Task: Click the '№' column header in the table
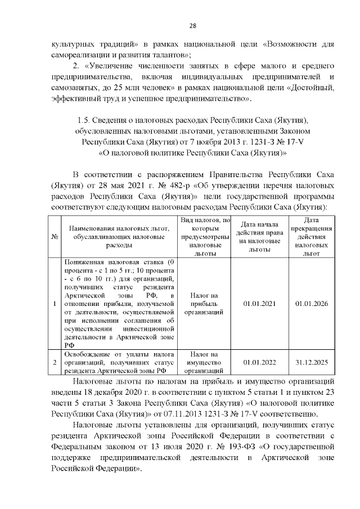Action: (x=55, y=237)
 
